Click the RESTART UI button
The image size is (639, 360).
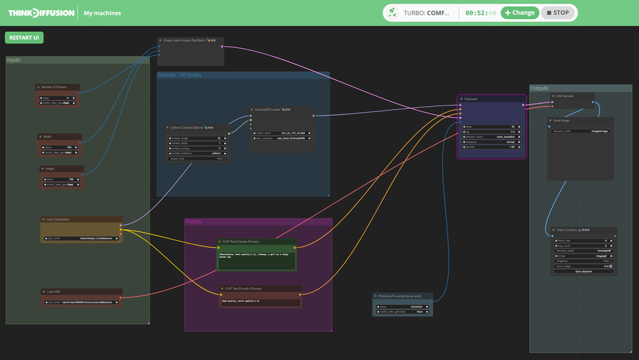(x=24, y=38)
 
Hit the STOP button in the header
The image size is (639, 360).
(x=557, y=13)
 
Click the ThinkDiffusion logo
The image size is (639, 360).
(x=41, y=13)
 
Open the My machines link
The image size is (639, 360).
(x=102, y=13)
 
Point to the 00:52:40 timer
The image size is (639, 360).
(x=480, y=13)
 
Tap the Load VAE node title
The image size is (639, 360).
(x=54, y=292)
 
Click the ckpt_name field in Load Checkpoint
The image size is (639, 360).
(x=81, y=238)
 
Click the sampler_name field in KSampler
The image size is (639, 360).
(x=491, y=136)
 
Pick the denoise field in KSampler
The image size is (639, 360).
(x=491, y=147)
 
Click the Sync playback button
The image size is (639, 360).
(x=583, y=271)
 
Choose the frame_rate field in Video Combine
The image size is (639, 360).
(x=583, y=240)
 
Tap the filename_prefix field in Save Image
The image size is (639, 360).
(x=581, y=131)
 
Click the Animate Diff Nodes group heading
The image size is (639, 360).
(x=180, y=75)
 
